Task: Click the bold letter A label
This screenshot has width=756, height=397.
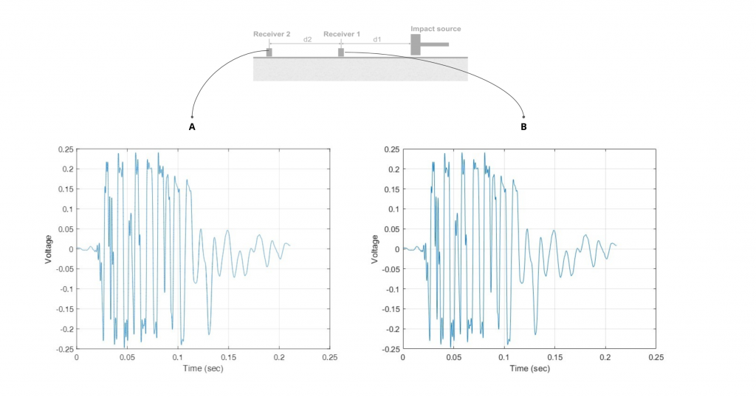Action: (x=192, y=127)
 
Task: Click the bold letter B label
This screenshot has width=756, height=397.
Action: (x=523, y=127)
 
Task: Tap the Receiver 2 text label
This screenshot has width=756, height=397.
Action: (x=272, y=35)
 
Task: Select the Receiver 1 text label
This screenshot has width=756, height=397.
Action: (x=342, y=35)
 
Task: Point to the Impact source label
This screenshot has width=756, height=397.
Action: (x=436, y=29)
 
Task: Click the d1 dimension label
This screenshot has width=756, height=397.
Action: (x=377, y=38)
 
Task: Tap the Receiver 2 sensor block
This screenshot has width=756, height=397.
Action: (x=269, y=52)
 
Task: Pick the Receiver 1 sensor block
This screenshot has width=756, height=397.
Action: (x=341, y=52)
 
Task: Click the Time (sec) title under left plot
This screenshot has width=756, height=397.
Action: (x=202, y=367)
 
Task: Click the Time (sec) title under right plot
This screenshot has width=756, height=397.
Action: (x=529, y=367)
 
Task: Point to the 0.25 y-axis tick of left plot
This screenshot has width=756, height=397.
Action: (x=65, y=149)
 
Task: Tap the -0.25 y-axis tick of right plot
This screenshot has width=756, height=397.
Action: (x=389, y=348)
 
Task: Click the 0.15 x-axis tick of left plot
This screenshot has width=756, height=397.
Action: (x=228, y=357)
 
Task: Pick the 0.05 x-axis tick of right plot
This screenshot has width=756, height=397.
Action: (x=453, y=357)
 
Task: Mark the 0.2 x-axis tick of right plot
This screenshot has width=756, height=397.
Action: (x=605, y=357)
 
